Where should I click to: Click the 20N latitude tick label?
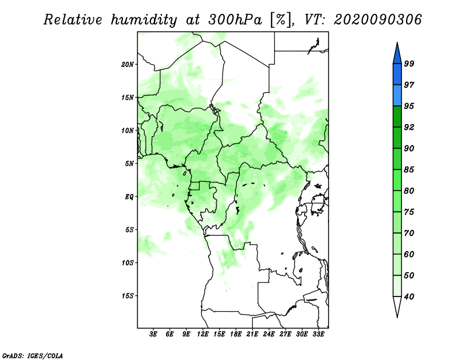point(128,65)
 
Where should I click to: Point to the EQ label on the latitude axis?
point(129,197)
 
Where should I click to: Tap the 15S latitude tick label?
point(128,296)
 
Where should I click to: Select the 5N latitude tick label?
point(129,164)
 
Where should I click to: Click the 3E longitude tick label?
point(153,334)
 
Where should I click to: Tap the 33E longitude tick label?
point(318,334)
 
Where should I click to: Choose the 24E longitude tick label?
point(269,334)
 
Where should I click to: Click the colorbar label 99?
point(409,63)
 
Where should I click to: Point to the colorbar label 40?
point(409,297)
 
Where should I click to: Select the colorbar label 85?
point(409,170)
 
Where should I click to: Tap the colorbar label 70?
point(409,233)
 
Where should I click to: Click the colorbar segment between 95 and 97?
point(397,96)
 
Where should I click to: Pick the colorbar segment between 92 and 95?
point(397,117)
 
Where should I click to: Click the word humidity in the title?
point(144,20)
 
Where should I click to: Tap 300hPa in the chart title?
point(235,20)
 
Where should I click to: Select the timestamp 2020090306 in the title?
point(377,20)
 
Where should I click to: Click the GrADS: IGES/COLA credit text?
point(33,356)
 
